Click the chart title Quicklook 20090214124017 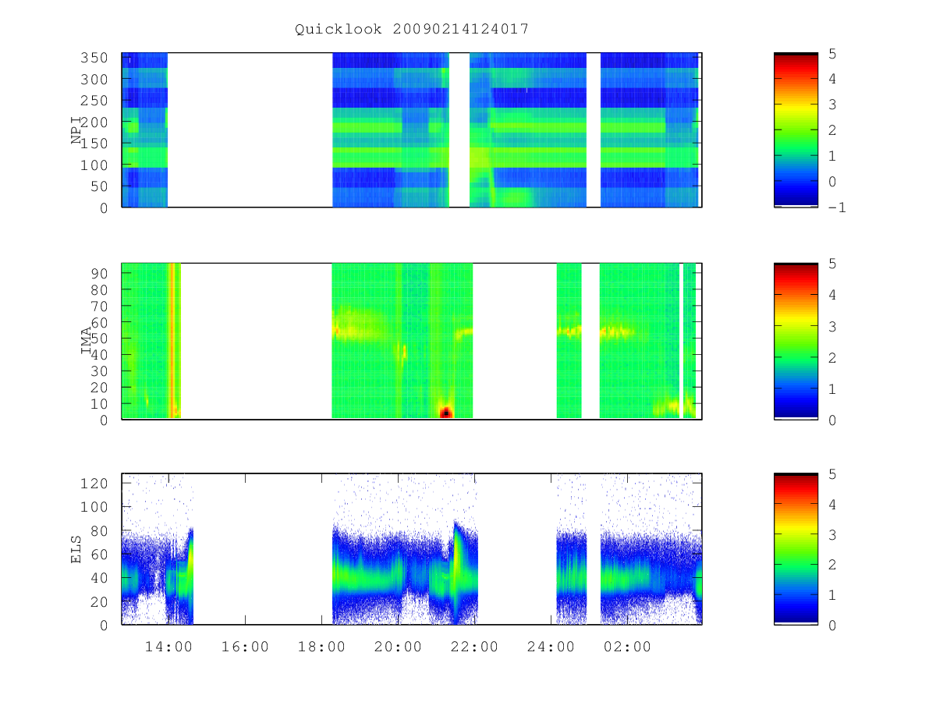(x=412, y=29)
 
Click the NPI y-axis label (x=76, y=130)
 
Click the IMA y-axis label (x=86, y=341)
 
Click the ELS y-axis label (x=76, y=549)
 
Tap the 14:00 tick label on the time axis (x=168, y=647)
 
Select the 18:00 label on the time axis (x=321, y=647)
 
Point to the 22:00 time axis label (x=474, y=647)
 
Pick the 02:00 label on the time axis (x=627, y=647)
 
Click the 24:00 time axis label (x=551, y=647)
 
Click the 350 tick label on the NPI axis (x=94, y=58)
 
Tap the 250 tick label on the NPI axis (x=94, y=101)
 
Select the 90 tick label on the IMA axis (x=99, y=274)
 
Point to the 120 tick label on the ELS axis (x=94, y=484)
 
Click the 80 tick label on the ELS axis (x=99, y=531)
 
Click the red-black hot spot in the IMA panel (x=445, y=412)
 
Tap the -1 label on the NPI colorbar (x=837, y=207)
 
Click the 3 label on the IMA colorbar (x=832, y=327)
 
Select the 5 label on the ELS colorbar (x=832, y=474)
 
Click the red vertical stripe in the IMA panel (x=172, y=341)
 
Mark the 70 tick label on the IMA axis (x=99, y=306)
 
